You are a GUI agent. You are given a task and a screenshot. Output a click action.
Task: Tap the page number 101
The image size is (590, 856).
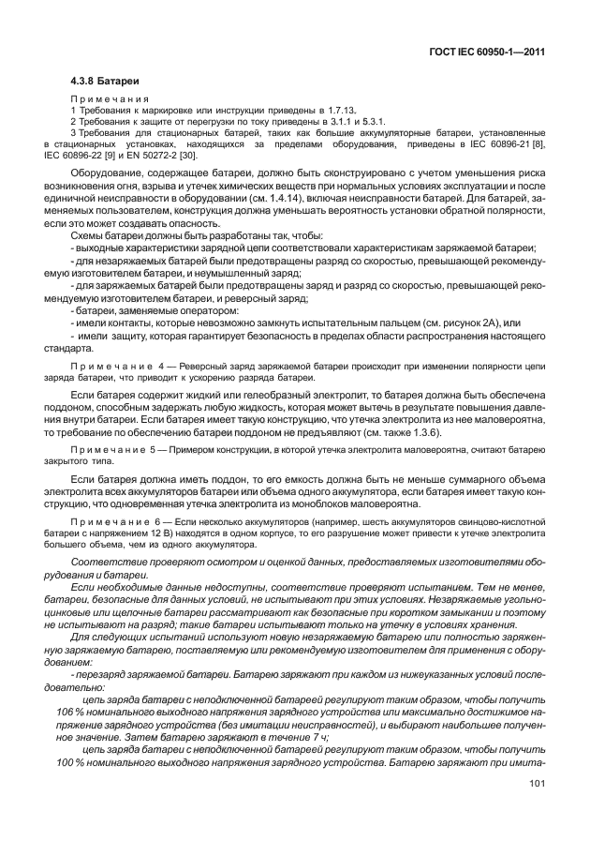(537, 784)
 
